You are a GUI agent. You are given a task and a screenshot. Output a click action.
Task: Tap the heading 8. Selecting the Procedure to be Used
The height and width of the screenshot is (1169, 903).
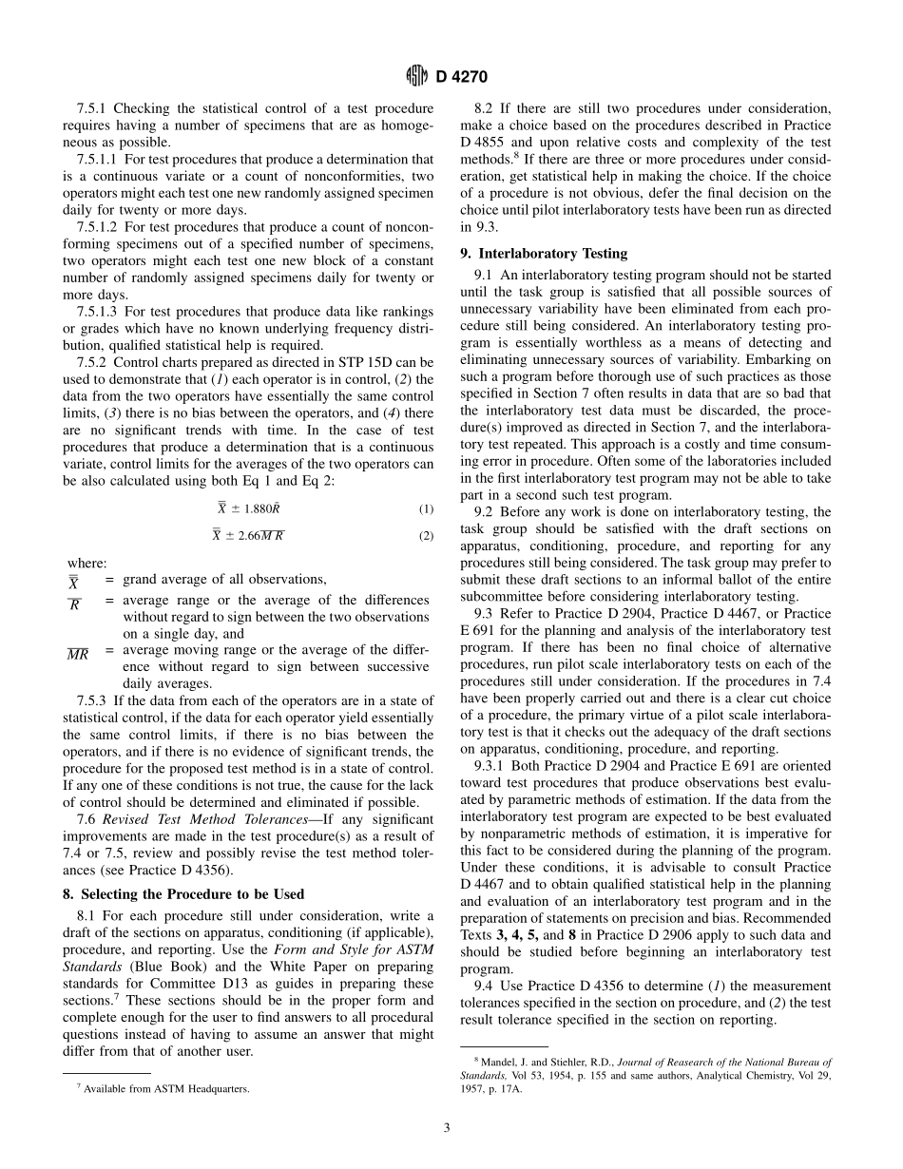coord(192,893)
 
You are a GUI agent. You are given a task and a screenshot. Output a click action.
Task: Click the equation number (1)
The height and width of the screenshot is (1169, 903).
coord(426,509)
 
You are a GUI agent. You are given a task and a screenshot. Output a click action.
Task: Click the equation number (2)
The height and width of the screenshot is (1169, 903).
coord(426,536)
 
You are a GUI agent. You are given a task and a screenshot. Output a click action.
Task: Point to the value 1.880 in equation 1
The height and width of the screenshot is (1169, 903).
coord(253,509)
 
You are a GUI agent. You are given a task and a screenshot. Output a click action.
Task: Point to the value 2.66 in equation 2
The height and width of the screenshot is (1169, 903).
coord(251,536)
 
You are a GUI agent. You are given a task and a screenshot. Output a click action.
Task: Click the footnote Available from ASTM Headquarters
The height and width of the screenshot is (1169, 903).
coord(166,1089)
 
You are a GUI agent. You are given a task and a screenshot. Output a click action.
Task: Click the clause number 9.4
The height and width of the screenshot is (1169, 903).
coord(484,986)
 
